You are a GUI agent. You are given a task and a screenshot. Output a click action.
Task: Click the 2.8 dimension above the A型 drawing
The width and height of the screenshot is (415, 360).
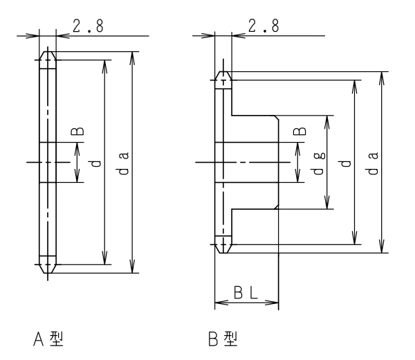pos(88,26)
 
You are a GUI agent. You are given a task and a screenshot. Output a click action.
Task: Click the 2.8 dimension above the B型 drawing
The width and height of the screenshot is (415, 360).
pos(264,26)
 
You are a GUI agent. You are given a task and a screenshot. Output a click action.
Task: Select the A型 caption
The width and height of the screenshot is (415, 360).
pos(48,339)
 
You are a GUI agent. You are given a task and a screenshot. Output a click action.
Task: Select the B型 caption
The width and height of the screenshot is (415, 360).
pos(223,339)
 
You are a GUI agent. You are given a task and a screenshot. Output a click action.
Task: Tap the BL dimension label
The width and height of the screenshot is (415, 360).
pos(246,293)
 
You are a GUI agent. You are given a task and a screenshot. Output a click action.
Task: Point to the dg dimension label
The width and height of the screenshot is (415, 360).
pos(319,163)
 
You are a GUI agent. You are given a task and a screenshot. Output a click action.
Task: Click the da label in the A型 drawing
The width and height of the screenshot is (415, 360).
pos(123,163)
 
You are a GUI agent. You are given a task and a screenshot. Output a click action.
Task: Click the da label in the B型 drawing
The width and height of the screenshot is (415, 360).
pos(373,163)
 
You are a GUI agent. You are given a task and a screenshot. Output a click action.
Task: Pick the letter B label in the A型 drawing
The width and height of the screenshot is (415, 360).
pos(77,131)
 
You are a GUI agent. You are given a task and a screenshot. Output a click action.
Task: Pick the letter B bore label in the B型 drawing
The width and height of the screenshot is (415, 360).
pos(300,131)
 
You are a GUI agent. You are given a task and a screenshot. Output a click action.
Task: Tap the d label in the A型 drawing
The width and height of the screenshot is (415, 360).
pos(96,163)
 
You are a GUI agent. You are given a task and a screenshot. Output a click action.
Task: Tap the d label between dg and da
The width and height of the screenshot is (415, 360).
pos(346,163)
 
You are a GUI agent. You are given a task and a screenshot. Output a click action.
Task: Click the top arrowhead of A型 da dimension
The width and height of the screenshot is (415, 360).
pos(132,57)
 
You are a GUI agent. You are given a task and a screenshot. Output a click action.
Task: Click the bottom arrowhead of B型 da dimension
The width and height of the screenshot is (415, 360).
pos(381,246)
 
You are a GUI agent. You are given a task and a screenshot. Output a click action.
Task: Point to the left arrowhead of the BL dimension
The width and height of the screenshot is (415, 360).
pos(221,303)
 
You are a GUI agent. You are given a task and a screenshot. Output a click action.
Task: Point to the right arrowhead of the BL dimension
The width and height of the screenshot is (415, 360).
pos(272,303)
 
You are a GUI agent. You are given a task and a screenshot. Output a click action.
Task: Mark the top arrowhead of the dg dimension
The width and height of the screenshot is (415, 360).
pos(327,122)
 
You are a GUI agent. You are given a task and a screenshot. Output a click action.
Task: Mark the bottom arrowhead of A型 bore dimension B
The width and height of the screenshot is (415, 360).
pos(77,176)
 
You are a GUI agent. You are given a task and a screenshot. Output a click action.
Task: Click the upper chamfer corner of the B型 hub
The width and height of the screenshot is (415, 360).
pos(276,118)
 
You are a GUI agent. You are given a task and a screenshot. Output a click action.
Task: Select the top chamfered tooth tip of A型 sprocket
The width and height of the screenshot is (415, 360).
pos(48,55)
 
